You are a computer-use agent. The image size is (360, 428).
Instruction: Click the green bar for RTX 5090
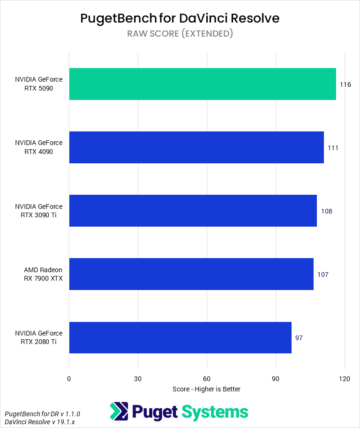click(x=202, y=84)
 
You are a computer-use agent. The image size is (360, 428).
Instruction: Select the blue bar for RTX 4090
click(x=196, y=147)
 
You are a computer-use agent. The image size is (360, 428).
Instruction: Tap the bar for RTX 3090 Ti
click(x=193, y=211)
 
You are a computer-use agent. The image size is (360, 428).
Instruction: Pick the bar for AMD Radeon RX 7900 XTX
click(x=191, y=274)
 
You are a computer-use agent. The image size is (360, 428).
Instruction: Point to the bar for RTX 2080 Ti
click(x=180, y=337)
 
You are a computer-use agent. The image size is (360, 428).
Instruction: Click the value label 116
click(x=345, y=84)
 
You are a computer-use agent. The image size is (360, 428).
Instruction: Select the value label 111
click(x=333, y=148)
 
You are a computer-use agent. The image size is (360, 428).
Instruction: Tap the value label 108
click(x=326, y=211)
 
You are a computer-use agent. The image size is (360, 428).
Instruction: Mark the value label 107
click(x=323, y=275)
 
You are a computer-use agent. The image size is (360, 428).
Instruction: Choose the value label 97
click(x=299, y=338)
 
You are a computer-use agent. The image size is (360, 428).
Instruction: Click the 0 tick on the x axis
click(x=69, y=379)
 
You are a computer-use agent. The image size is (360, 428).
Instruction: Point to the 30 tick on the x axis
click(x=138, y=379)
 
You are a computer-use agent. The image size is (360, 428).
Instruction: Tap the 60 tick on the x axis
click(x=207, y=379)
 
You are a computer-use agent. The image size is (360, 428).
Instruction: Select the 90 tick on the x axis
click(x=276, y=379)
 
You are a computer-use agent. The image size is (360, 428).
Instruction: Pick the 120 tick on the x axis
click(x=345, y=379)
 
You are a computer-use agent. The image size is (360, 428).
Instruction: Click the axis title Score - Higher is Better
click(x=206, y=389)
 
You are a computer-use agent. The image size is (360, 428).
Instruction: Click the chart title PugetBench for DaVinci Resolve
click(x=180, y=18)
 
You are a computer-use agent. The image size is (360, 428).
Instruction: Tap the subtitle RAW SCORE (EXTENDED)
click(x=180, y=33)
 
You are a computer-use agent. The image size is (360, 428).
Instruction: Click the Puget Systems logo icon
click(x=119, y=412)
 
